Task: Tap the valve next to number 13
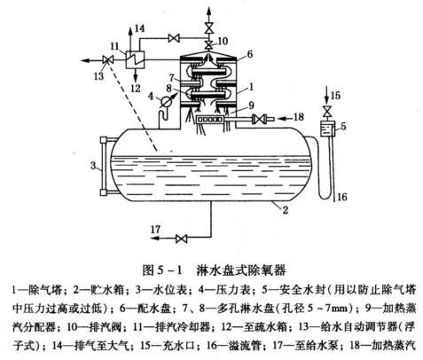point(106,60)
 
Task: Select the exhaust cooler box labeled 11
point(135,59)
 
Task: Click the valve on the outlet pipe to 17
point(181,239)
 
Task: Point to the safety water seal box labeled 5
point(327,129)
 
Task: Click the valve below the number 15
point(326,112)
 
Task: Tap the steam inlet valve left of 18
point(258,119)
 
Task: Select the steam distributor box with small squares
point(209,119)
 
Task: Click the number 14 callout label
point(139,28)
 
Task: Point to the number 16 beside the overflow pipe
point(341,197)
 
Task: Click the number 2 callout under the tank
point(286,210)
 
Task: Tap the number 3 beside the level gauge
point(93,166)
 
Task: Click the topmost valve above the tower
point(209,28)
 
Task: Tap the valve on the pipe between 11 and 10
point(174,38)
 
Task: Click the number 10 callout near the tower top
point(223,41)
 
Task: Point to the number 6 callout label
point(250,54)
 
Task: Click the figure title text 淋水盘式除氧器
point(241,270)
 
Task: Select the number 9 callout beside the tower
point(251,105)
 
